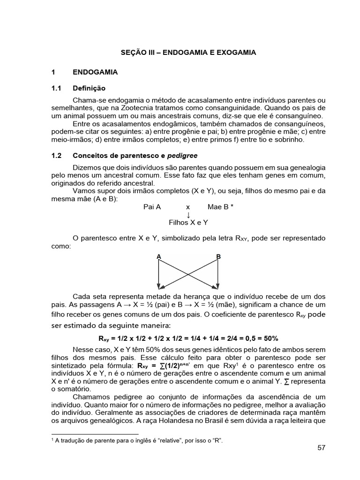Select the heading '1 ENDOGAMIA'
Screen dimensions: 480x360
[x=84, y=73]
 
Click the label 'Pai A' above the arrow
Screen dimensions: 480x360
[x=152, y=207]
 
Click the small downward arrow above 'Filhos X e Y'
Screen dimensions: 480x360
[x=188, y=215]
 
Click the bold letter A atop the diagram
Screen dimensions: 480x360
[x=159, y=256]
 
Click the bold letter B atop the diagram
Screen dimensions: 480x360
[x=218, y=256]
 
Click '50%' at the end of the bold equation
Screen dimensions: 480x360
[x=271, y=338]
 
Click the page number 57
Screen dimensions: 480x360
[x=321, y=448]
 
